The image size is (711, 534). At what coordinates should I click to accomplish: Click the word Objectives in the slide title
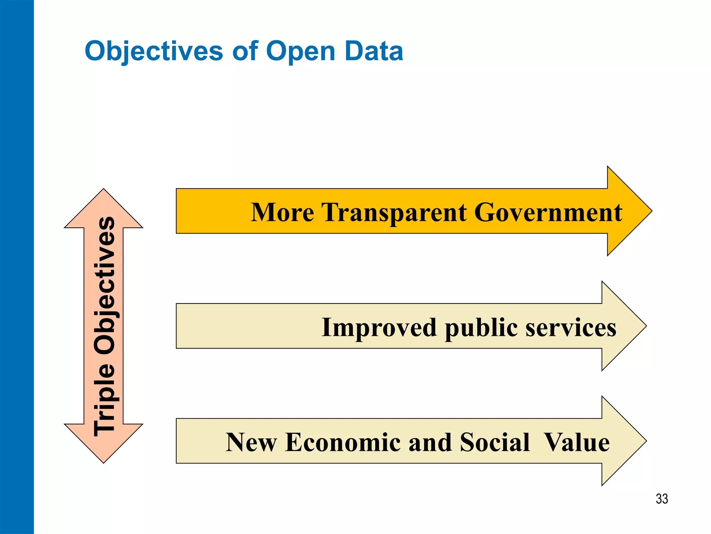pos(153,51)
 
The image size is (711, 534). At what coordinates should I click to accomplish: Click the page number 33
pos(662,499)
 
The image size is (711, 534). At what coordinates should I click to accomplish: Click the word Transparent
pos(394,213)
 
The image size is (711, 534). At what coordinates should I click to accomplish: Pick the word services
pos(571,327)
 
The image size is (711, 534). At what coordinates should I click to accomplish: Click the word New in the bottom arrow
pos(251,443)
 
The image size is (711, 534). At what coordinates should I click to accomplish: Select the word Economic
pos(343,443)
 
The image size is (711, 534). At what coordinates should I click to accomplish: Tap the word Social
pos(495,443)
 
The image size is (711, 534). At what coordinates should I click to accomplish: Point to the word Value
pos(577,443)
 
